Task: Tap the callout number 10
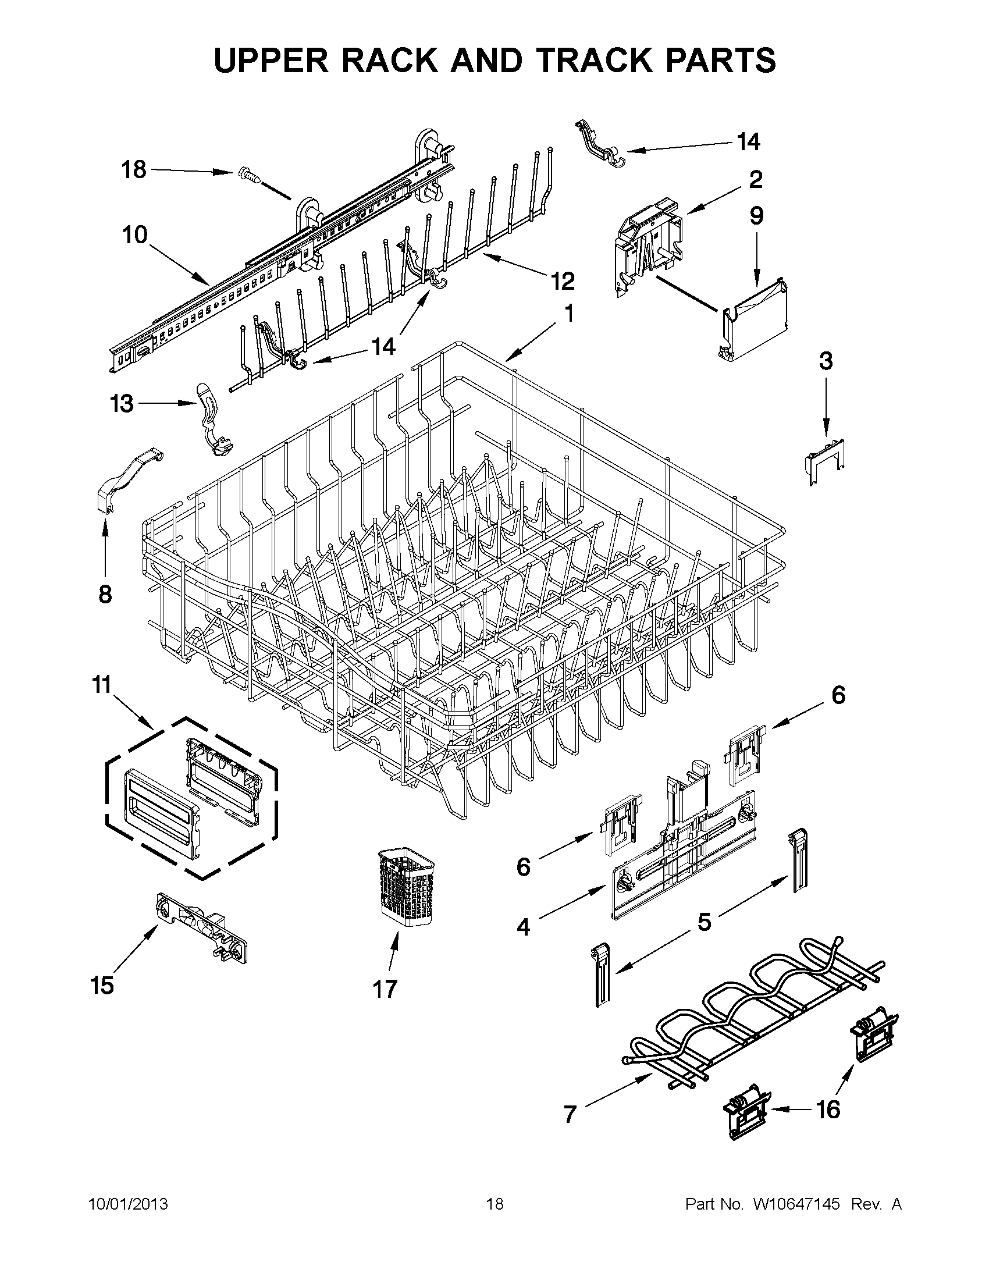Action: pyautogui.click(x=134, y=235)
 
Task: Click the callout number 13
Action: pyautogui.click(x=122, y=404)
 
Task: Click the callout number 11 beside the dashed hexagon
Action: pyautogui.click(x=102, y=685)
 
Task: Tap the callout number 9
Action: pyautogui.click(x=756, y=216)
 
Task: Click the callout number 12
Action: pyautogui.click(x=563, y=282)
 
